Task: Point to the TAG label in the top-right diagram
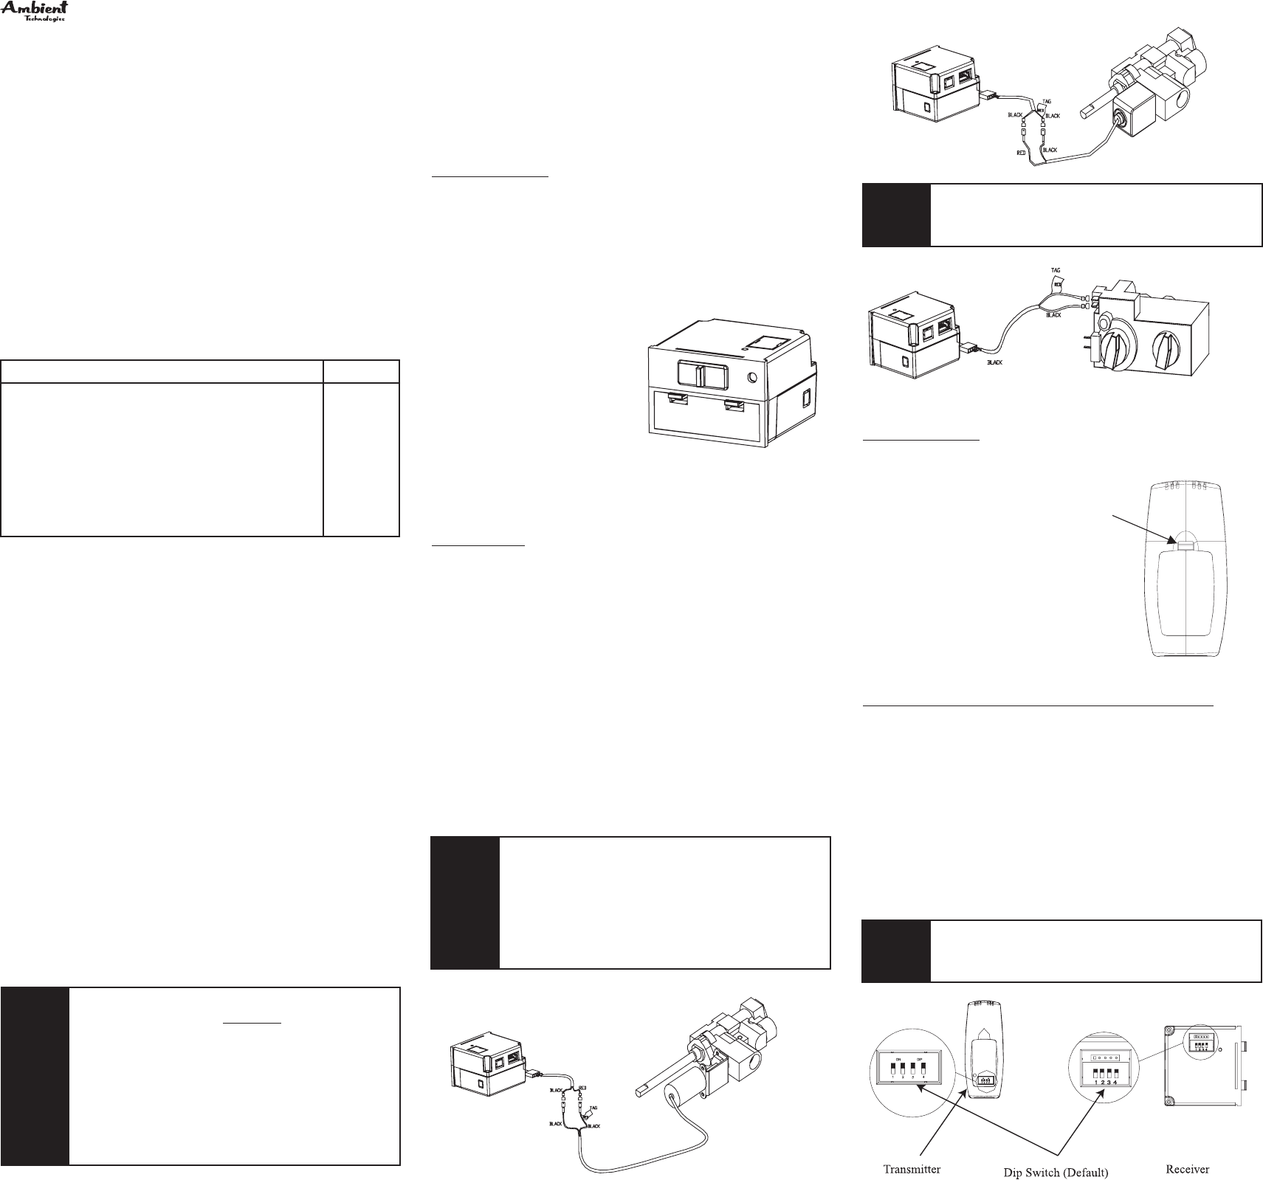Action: pyautogui.click(x=1046, y=101)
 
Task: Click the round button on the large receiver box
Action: pyautogui.click(x=751, y=378)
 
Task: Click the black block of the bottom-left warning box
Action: pyautogui.click(x=35, y=1077)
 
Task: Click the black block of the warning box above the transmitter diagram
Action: pyautogui.click(x=896, y=950)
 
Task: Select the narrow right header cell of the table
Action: pyautogui.click(x=361, y=370)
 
